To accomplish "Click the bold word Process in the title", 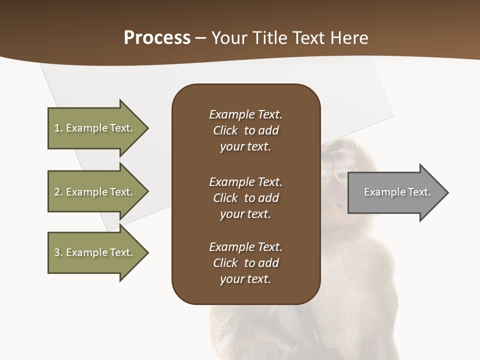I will click(157, 38).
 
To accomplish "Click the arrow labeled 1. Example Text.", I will click(95, 128).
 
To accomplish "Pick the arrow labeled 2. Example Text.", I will click(95, 192).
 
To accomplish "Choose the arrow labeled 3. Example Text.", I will click(95, 252).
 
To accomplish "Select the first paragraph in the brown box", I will click(245, 130).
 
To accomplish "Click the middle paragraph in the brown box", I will click(245, 198).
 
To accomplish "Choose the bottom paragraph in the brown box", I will click(245, 263).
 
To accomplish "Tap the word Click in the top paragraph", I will click(225, 130).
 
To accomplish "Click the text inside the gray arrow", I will click(397, 192).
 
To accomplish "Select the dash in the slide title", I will click(200, 38).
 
